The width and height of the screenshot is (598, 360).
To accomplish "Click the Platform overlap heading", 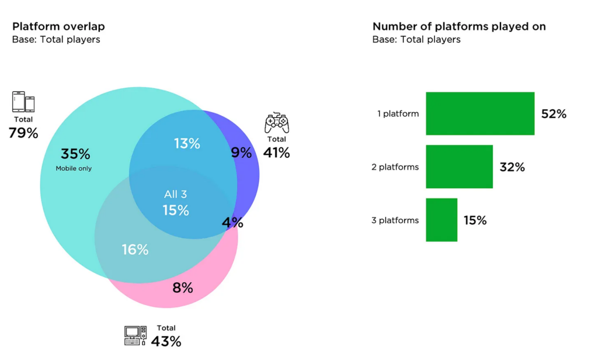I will (x=58, y=27).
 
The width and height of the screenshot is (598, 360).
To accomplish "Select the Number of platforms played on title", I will (x=459, y=27).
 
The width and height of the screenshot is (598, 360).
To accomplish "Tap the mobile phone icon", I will (x=23, y=102).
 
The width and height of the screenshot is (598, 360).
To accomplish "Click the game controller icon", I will (x=277, y=123).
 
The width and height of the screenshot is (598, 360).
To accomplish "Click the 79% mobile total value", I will (x=23, y=133).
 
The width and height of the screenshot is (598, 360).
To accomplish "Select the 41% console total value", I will (x=276, y=153).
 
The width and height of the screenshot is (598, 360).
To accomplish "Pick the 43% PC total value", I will (x=166, y=341).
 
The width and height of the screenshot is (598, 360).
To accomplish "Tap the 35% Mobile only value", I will (x=75, y=154).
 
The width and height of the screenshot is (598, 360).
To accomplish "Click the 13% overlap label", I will (x=187, y=143).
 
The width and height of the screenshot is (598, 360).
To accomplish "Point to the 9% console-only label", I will (x=241, y=153).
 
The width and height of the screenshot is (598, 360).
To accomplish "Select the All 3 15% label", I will (x=175, y=203).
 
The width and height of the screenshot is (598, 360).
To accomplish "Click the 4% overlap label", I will (x=232, y=223).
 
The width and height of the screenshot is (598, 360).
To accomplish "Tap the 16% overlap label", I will (x=135, y=250).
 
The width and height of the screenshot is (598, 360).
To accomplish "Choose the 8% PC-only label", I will (x=182, y=288).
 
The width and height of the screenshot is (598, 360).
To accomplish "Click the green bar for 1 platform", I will (x=480, y=113).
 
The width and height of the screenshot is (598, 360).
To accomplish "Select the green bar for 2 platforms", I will (x=459, y=167).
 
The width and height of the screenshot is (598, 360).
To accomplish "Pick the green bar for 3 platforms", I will (x=441, y=220).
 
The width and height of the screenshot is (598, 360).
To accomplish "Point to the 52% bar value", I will (x=554, y=114).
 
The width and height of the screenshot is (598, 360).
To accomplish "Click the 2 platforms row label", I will (x=395, y=167).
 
